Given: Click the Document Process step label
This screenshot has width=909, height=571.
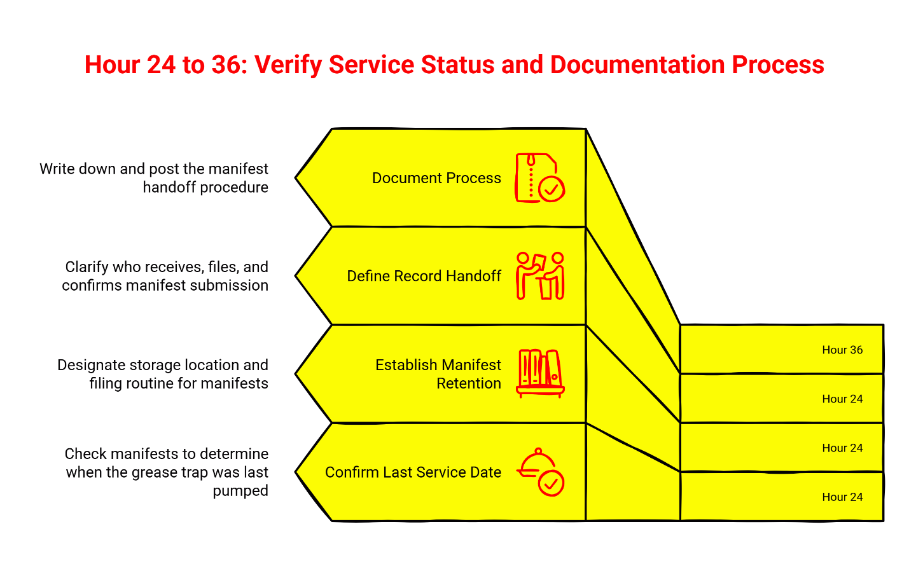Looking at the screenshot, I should click(x=436, y=178).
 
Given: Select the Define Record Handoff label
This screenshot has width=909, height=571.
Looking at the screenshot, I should click(x=424, y=276).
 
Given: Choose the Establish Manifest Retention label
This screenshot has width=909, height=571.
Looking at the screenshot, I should click(x=438, y=374).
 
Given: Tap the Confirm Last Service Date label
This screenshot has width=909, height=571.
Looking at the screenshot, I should click(x=413, y=472).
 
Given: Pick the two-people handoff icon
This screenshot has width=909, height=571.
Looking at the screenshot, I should click(x=540, y=276).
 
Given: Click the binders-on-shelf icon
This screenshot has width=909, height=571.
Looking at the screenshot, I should click(x=540, y=373).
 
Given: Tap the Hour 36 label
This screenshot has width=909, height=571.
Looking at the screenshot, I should click(x=842, y=350).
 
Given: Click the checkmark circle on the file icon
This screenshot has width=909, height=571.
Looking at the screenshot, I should click(x=552, y=189).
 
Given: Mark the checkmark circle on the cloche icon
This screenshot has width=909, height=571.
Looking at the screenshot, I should click(x=551, y=483).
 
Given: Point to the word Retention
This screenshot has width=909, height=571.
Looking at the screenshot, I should click(x=469, y=383).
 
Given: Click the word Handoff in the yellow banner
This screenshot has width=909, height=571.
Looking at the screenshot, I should click(x=473, y=276).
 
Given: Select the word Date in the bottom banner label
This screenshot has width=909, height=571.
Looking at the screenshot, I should click(x=486, y=472).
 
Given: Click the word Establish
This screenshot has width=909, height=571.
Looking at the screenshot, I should click(x=405, y=365).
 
